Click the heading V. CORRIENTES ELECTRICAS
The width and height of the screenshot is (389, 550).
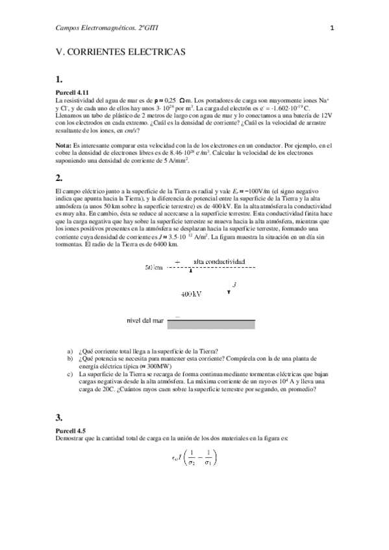[x=121, y=50]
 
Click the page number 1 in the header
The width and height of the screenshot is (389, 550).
[x=332, y=28]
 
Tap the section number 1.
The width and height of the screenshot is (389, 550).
[x=59, y=80]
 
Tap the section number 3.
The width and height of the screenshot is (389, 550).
[x=59, y=417]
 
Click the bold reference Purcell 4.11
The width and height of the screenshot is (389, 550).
[x=73, y=93]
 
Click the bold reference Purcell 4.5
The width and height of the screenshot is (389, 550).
[x=71, y=430]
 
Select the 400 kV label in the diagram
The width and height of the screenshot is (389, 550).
[x=192, y=294]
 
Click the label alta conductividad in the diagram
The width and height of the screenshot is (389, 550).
[x=220, y=261]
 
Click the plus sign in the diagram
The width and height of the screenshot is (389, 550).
[x=177, y=261]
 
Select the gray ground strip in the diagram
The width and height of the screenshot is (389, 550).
[x=210, y=321]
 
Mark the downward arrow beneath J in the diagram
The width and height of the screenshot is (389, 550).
[x=229, y=294]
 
